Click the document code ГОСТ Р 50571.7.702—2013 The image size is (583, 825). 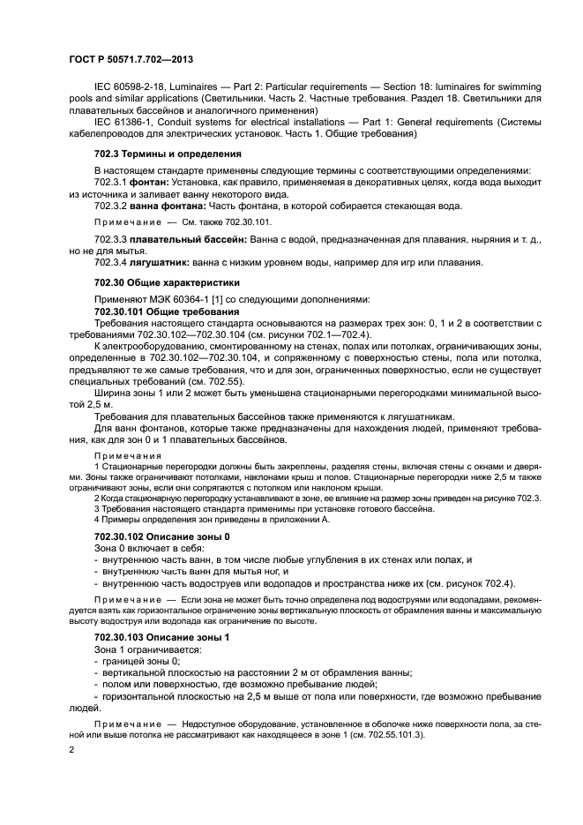[x=131, y=59]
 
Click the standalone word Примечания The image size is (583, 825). [x=123, y=455]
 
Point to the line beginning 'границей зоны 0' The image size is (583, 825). [x=141, y=661]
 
